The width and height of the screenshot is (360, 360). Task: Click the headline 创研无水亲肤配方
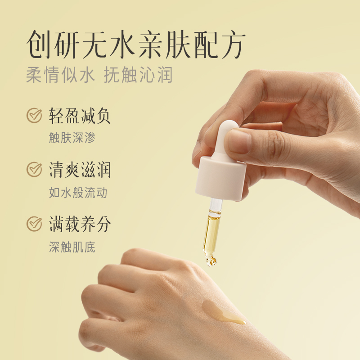click(x=136, y=44)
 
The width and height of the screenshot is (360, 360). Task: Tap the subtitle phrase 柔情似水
click(x=60, y=75)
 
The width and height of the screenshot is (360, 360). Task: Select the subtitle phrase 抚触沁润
click(x=138, y=75)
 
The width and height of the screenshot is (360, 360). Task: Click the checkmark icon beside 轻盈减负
click(x=34, y=116)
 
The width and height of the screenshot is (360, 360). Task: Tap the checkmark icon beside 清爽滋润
click(x=34, y=170)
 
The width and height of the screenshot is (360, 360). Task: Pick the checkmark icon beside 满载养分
click(x=34, y=224)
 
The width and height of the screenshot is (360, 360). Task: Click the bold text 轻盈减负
click(x=80, y=116)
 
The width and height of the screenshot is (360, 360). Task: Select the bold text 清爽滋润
click(x=80, y=170)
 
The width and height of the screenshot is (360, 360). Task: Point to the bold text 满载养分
click(x=80, y=224)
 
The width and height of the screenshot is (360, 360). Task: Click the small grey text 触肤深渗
click(x=72, y=138)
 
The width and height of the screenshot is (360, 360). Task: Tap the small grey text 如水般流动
click(x=78, y=193)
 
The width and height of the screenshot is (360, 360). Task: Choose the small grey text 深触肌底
click(x=72, y=247)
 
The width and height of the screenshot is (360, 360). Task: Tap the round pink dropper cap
click(x=220, y=177)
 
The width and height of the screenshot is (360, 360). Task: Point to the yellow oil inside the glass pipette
click(x=209, y=232)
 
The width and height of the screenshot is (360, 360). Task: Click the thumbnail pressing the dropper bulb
click(x=238, y=141)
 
